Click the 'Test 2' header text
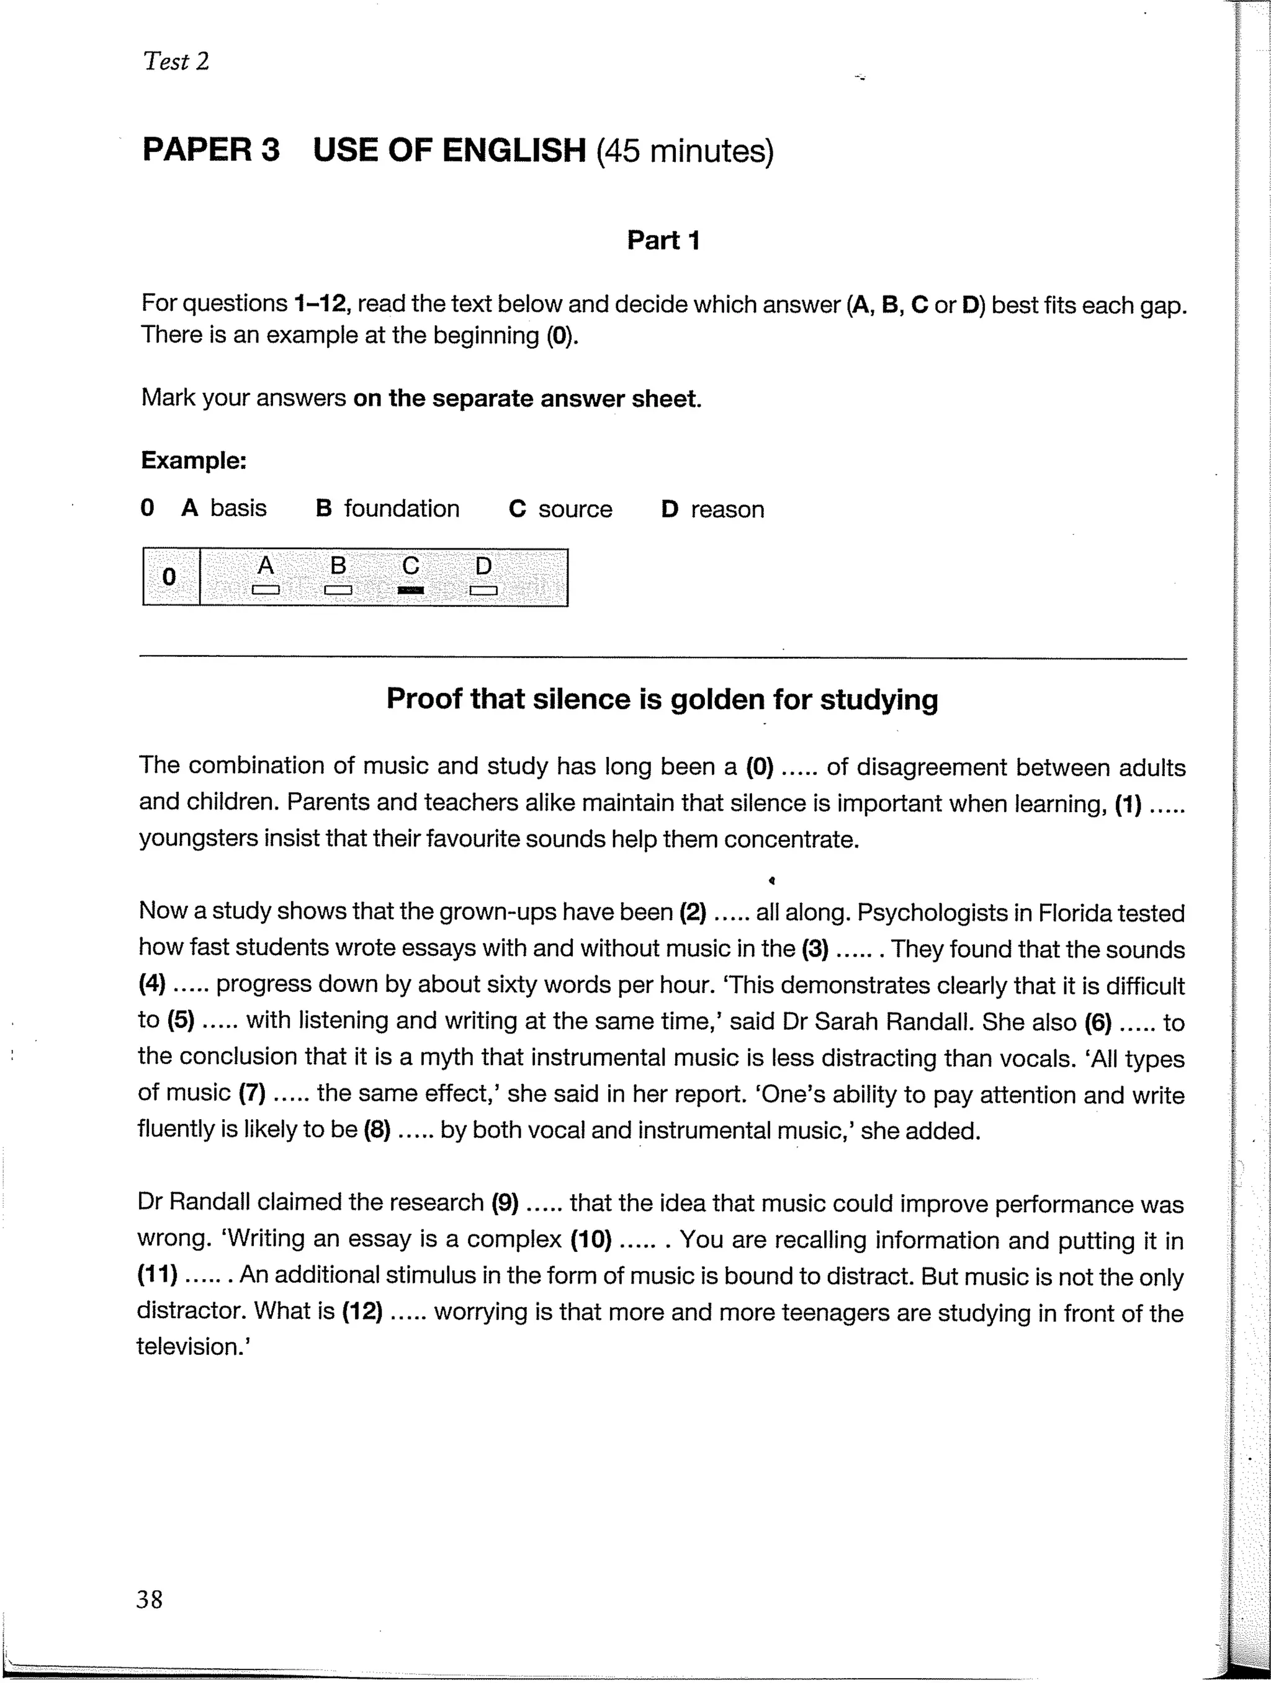[x=175, y=61]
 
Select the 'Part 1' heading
[x=662, y=241]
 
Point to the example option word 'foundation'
[x=401, y=508]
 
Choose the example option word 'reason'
[x=727, y=509]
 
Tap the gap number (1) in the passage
[x=1128, y=803]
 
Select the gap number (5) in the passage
[x=181, y=1021]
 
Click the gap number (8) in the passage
[x=377, y=1130]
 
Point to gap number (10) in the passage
[x=591, y=1240]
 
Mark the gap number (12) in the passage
[x=362, y=1311]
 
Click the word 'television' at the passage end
[x=191, y=1347]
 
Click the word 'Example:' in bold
[x=194, y=461]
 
